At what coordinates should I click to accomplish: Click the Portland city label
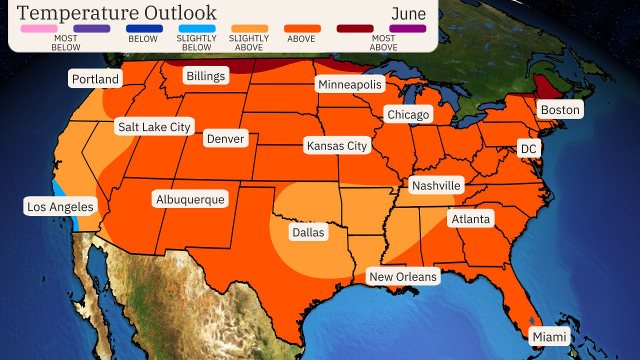click(x=95, y=79)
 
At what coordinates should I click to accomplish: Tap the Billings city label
click(x=205, y=76)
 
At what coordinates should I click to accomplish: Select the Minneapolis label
click(x=350, y=84)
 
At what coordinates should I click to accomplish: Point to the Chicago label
click(x=408, y=114)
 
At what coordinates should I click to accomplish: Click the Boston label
click(x=560, y=109)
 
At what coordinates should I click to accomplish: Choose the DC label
click(x=528, y=149)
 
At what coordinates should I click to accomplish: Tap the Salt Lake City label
click(x=154, y=127)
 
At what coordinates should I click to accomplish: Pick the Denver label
click(x=225, y=138)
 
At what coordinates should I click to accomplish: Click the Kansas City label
click(x=336, y=146)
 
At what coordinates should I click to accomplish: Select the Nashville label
click(x=436, y=185)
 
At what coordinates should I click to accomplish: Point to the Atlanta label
click(x=470, y=219)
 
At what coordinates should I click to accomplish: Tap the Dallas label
click(x=308, y=232)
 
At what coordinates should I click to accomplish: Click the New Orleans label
click(x=402, y=276)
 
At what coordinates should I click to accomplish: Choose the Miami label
click(x=549, y=337)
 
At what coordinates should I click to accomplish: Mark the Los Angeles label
click(x=60, y=207)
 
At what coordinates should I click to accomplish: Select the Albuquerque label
click(x=190, y=199)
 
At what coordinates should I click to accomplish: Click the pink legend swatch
click(x=38, y=28)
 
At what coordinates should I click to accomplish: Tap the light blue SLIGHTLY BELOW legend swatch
click(x=196, y=28)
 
